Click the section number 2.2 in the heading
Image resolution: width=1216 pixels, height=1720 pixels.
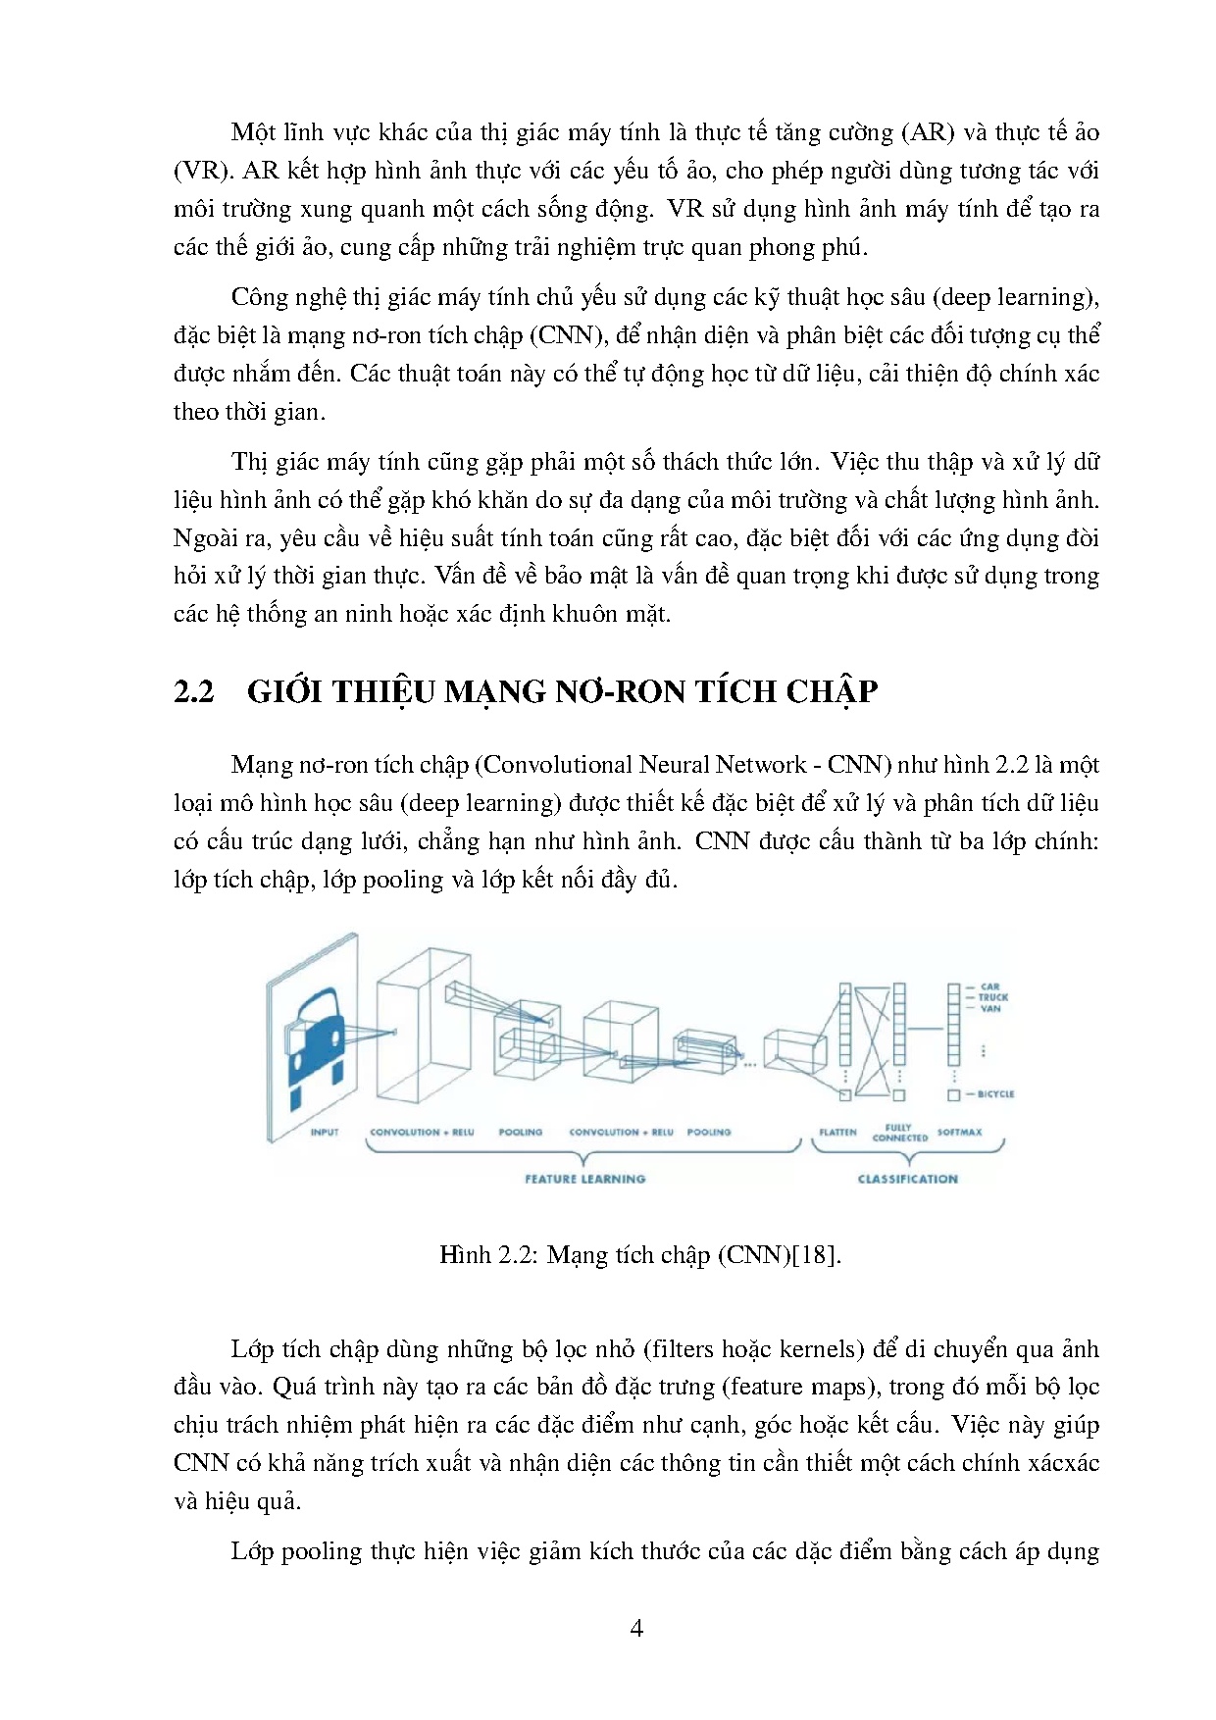point(193,691)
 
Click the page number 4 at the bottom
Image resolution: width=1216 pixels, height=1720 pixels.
point(636,1628)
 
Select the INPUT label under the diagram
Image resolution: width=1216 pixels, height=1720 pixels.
point(325,1132)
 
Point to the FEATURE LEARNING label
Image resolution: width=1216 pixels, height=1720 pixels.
point(584,1179)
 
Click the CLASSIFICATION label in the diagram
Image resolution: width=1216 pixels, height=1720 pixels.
point(907,1179)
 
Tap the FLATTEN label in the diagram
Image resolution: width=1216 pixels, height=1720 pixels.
point(837,1132)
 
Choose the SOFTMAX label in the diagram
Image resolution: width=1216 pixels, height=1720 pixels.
point(959,1132)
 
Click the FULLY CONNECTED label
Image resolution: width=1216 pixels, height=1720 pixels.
point(899,1133)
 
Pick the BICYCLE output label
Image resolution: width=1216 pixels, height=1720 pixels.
point(995,1094)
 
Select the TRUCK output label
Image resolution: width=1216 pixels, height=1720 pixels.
point(992,997)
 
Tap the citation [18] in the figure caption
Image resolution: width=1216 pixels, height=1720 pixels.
point(816,1254)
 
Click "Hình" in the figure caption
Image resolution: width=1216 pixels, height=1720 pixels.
point(465,1254)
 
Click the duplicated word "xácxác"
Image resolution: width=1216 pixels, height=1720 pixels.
point(1063,1462)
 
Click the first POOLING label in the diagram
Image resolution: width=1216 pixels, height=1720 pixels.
point(520,1132)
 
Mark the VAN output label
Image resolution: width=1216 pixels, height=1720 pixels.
point(989,1008)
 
